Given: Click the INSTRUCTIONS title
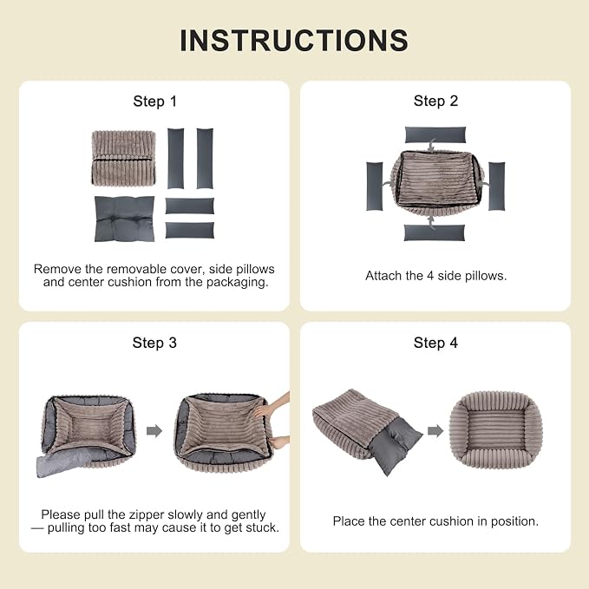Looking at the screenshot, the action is click(x=294, y=40).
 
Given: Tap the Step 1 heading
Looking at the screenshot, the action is click(x=154, y=101).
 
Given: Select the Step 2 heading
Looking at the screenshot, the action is click(x=435, y=101).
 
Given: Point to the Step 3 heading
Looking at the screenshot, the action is click(x=154, y=343).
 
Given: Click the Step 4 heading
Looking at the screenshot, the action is click(x=435, y=343).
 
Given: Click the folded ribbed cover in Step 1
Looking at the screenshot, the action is click(x=123, y=158).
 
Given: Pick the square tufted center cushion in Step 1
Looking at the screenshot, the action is click(x=124, y=219).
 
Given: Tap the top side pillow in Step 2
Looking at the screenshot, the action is click(x=435, y=134).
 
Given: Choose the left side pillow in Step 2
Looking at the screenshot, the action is click(x=375, y=187).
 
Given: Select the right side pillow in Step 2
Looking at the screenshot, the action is click(x=496, y=187).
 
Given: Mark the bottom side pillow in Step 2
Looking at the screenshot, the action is click(x=435, y=232).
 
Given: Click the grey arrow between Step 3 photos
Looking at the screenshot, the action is click(x=154, y=431).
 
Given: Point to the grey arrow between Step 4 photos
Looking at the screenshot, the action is click(x=435, y=431).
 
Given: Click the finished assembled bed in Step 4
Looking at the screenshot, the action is click(x=496, y=429).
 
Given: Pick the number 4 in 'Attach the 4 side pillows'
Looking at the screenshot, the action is click(x=430, y=276).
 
